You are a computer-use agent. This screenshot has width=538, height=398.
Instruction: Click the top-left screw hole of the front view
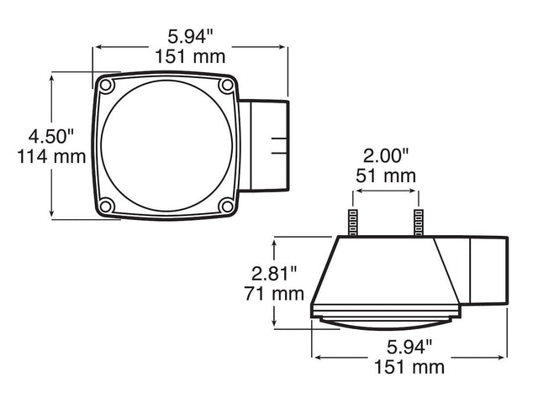pyautogui.click(x=105, y=86)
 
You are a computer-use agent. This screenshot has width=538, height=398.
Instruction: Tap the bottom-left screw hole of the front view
pyautogui.click(x=105, y=207)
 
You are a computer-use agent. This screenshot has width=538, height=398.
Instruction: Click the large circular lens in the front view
pyautogui.click(x=166, y=147)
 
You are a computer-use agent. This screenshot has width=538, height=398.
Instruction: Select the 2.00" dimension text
pyautogui.click(x=385, y=155)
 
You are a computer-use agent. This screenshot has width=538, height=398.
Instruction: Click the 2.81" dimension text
pyautogui.click(x=273, y=274)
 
